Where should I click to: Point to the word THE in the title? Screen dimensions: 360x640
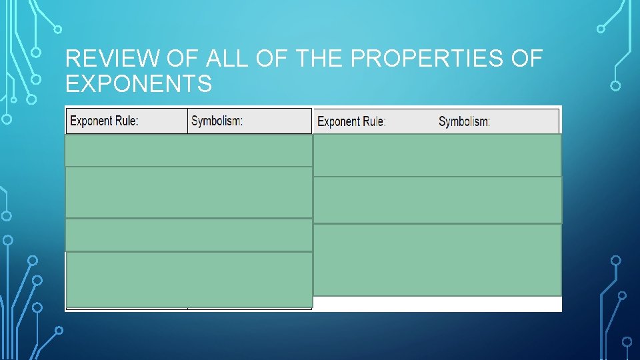pyautogui.click(x=319, y=59)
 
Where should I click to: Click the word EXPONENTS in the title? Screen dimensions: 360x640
pyautogui.click(x=139, y=85)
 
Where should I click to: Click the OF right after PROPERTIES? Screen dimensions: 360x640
pyautogui.click(x=527, y=59)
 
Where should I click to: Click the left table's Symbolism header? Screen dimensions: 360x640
pyautogui.click(x=217, y=121)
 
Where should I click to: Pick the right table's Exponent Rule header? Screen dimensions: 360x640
pyautogui.click(x=351, y=122)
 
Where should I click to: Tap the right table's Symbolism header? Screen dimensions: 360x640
pyautogui.click(x=464, y=122)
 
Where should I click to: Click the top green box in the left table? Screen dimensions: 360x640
pyautogui.click(x=189, y=150)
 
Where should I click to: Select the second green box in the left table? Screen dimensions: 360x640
pyautogui.click(x=189, y=192)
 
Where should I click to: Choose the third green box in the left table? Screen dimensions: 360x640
pyautogui.click(x=189, y=235)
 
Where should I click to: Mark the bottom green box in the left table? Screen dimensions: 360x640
pyautogui.click(x=190, y=279)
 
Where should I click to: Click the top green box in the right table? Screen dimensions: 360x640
pyautogui.click(x=437, y=155)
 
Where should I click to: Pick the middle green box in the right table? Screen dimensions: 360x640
pyautogui.click(x=437, y=199)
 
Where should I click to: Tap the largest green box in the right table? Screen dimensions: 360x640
pyautogui.click(x=437, y=259)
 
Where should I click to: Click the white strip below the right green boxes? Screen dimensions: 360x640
pyautogui.click(x=437, y=303)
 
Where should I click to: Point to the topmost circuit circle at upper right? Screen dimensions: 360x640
pyautogui.click(x=601, y=29)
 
